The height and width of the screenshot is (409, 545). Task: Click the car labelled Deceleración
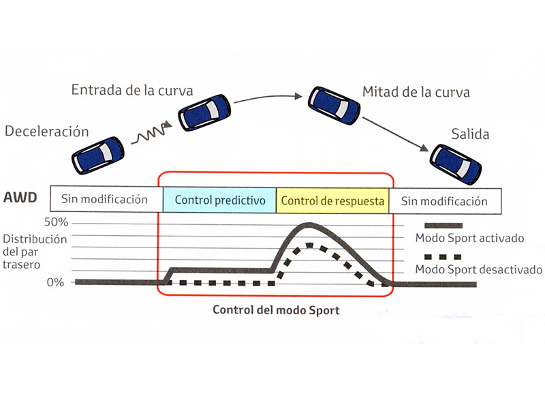point(98,154)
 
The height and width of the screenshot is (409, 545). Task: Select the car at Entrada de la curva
point(205,112)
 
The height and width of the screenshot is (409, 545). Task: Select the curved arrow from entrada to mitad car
point(266,97)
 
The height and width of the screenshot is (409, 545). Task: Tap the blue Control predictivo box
point(219,201)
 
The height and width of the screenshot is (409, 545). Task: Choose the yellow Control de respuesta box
point(333,201)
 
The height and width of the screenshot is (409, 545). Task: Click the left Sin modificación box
point(104,200)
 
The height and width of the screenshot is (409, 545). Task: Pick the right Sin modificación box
point(444,201)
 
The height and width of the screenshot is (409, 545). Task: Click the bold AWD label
point(20,200)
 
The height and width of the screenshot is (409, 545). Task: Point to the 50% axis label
point(57,223)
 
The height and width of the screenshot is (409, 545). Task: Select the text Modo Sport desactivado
point(478,269)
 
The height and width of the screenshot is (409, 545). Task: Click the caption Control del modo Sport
point(276,309)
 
